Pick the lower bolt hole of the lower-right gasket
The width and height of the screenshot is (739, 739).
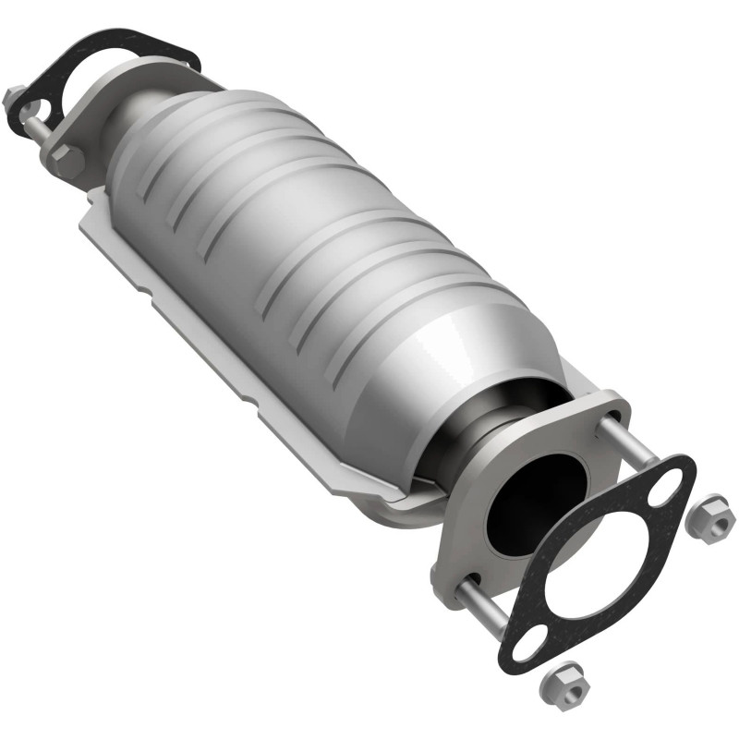pyautogui.click(x=523, y=647)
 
